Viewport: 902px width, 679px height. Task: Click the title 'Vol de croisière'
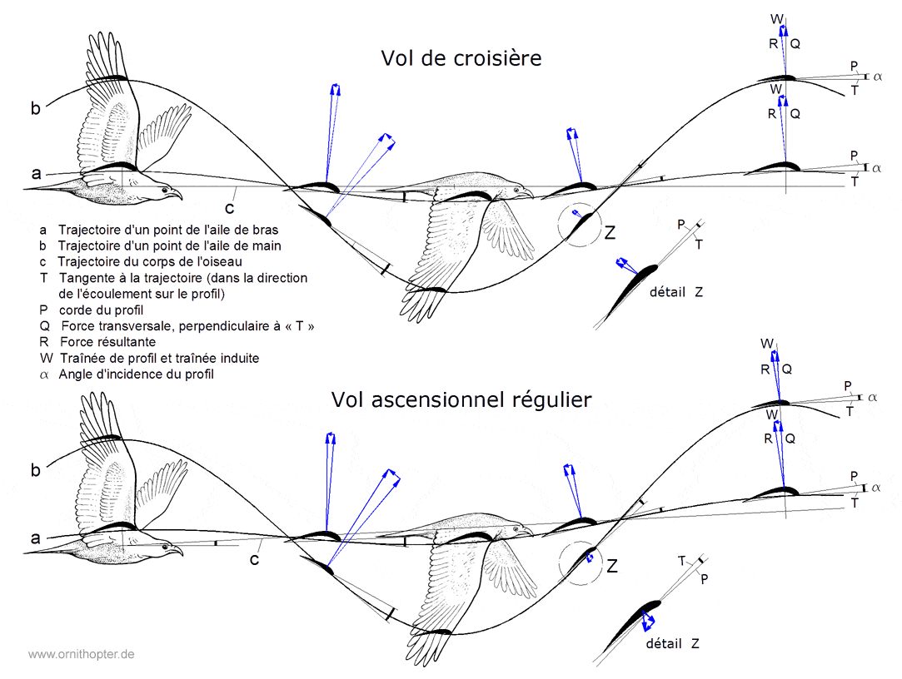pos(461,58)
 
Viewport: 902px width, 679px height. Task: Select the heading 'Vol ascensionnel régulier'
pos(461,399)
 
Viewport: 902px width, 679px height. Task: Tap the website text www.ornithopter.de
pos(82,655)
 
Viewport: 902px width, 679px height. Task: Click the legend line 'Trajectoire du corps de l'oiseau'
pos(149,261)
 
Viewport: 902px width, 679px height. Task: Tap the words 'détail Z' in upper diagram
pos(675,292)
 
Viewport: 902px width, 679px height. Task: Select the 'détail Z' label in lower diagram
pos(672,644)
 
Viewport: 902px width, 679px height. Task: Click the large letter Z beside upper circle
pos(610,234)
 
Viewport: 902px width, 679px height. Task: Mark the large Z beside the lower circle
pos(612,567)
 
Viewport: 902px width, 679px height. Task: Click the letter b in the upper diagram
pos(35,108)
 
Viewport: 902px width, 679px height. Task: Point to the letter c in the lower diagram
pos(256,559)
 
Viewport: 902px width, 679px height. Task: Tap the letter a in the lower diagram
pos(35,538)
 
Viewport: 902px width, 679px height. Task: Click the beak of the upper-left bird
pos(179,196)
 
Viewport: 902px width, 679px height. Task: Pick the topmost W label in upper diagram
pos(776,18)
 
